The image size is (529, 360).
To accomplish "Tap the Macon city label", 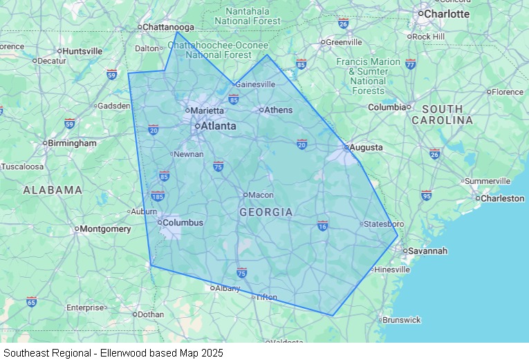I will [261, 195].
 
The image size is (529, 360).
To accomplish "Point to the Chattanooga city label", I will [169, 27].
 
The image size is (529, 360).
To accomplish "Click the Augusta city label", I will [366, 148].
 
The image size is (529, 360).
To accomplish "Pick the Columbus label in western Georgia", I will [183, 222].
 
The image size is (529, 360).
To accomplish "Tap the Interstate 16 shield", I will [322, 225].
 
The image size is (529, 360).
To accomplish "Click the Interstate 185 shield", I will [158, 196].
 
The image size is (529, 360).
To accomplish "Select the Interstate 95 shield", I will [427, 195].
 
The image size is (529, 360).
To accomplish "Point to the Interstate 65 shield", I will [31, 301].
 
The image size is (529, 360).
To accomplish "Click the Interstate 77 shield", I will [411, 64].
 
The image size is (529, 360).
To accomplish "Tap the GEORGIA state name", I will [266, 212].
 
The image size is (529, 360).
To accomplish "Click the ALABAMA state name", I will [53, 189].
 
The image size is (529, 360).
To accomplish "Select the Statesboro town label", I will [384, 224].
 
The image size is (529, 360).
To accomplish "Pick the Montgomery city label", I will [105, 229].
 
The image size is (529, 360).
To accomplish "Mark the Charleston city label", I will [503, 198].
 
